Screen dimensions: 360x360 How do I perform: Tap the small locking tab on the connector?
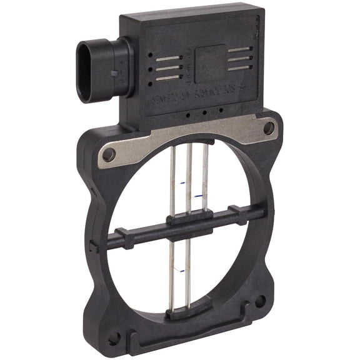(x=113, y=72)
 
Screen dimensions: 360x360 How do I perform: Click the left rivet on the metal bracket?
(x=109, y=154)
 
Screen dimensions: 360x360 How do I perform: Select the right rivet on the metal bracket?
(x=269, y=128)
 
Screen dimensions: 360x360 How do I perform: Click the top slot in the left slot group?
(x=169, y=59)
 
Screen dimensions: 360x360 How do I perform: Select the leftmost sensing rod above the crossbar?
(x=172, y=181)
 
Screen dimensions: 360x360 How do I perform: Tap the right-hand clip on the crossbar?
(x=237, y=214)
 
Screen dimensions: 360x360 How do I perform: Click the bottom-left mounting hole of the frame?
(x=114, y=338)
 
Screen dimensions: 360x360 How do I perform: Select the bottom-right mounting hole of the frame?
(x=259, y=302)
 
